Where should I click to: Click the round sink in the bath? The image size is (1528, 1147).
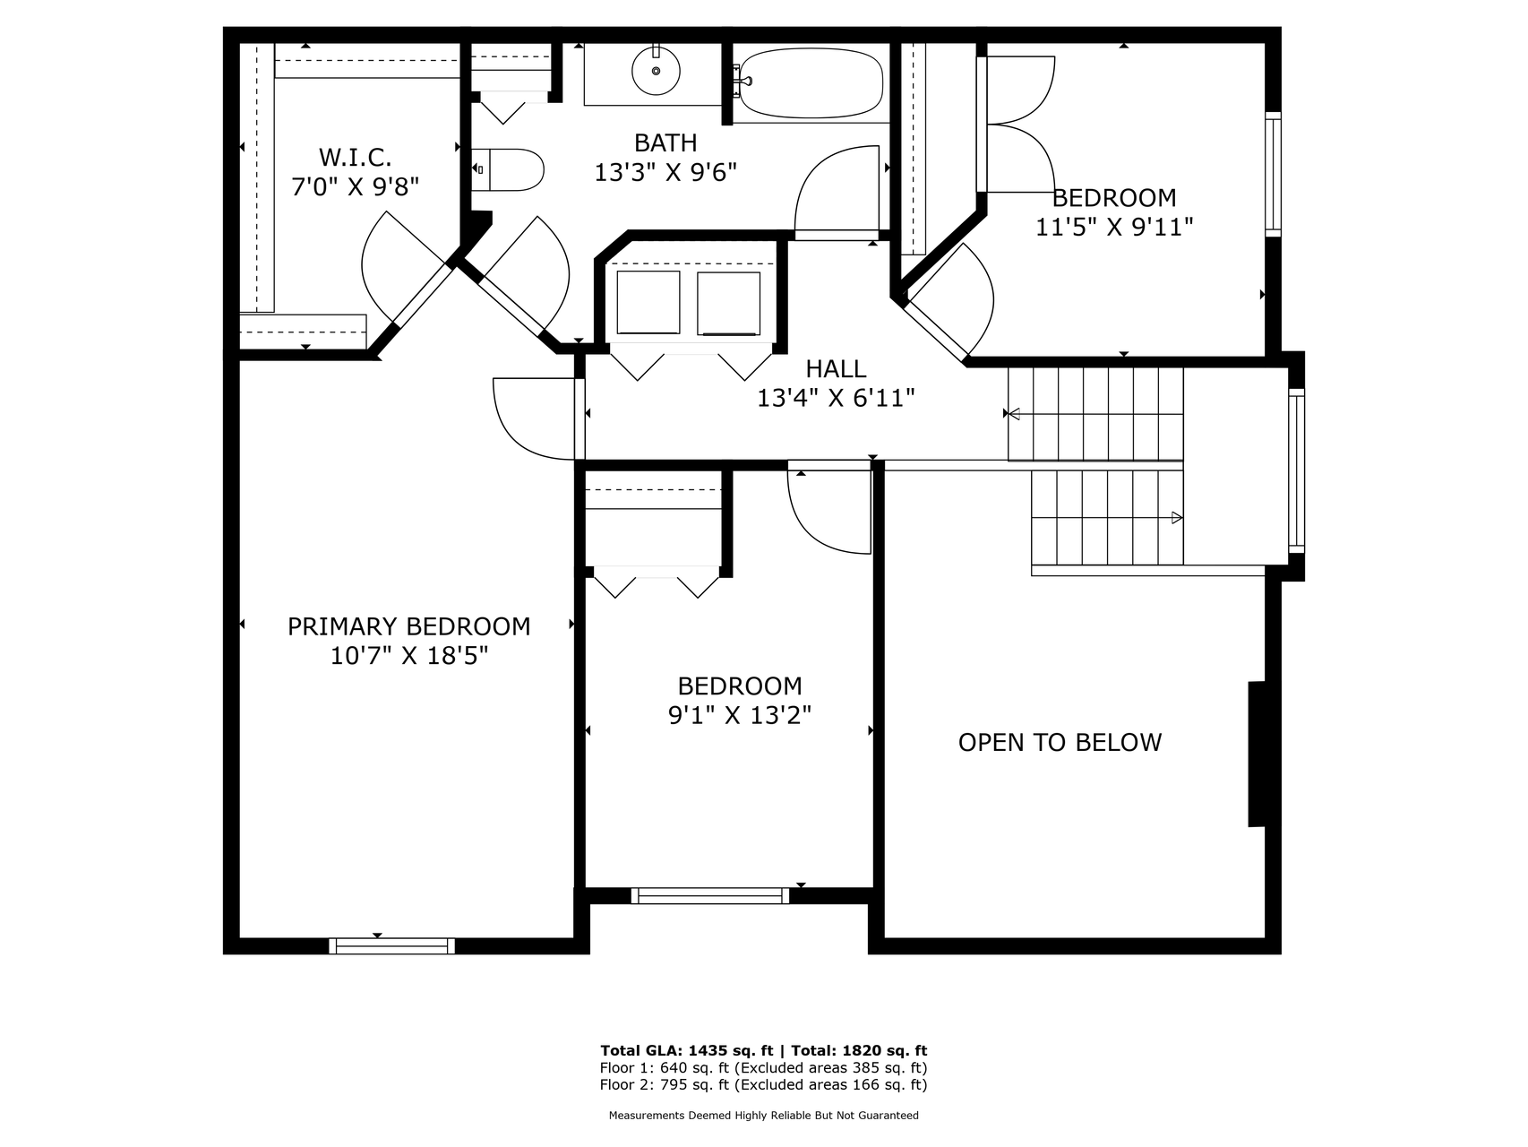(x=657, y=70)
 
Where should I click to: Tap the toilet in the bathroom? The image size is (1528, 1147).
(x=508, y=169)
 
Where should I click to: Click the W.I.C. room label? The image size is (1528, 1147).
(x=356, y=158)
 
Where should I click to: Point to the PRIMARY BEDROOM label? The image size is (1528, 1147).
(x=408, y=626)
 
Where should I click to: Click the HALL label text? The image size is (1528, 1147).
(x=836, y=368)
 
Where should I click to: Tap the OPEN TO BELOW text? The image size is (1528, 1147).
(x=1060, y=742)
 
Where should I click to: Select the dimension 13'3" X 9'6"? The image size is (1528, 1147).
(x=665, y=172)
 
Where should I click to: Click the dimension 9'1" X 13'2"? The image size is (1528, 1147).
(x=740, y=716)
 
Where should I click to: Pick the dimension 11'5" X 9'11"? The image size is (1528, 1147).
(x=1114, y=227)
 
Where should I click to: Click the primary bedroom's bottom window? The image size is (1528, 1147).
(x=391, y=945)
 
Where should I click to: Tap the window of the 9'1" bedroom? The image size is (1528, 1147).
(x=710, y=895)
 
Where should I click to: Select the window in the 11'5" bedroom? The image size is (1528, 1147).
(x=1273, y=174)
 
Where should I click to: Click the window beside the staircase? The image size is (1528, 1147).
(x=1296, y=469)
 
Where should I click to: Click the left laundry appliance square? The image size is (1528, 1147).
(x=648, y=302)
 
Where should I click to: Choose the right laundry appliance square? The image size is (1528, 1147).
(x=728, y=302)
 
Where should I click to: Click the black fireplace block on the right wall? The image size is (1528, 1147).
(x=1257, y=754)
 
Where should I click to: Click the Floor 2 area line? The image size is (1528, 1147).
(x=763, y=1084)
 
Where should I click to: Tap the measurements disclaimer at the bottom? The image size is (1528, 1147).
(x=764, y=1116)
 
